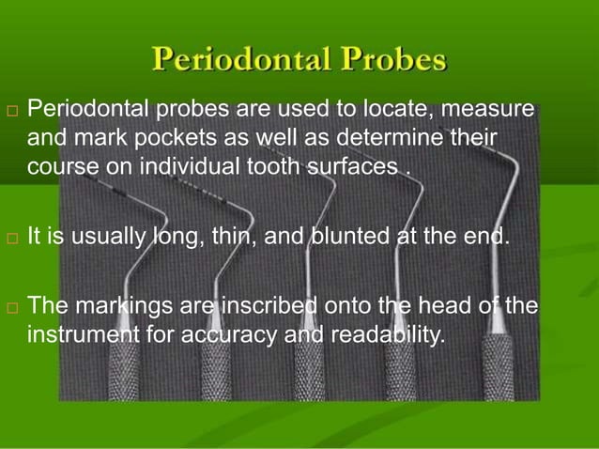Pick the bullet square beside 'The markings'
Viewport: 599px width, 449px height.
click(x=11, y=307)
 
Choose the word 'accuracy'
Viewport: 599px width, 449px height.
click(x=235, y=334)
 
